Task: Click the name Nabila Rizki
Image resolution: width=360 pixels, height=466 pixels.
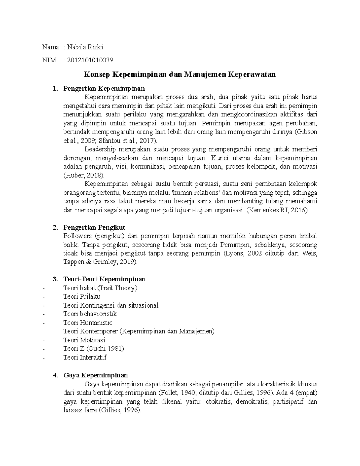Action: click(x=85, y=47)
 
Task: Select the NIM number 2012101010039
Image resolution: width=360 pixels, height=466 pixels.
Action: click(x=90, y=60)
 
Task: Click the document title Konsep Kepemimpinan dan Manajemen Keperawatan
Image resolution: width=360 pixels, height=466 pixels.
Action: click(x=179, y=74)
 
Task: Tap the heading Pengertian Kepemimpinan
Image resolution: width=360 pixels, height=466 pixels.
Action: click(x=104, y=89)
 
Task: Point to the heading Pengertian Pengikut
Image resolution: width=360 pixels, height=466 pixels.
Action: click(x=94, y=227)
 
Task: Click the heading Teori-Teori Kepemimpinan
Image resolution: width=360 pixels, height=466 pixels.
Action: click(x=104, y=279)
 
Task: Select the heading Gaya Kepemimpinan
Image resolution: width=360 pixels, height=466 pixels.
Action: click(x=96, y=375)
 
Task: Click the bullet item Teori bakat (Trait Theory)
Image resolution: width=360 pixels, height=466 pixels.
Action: click(x=100, y=288)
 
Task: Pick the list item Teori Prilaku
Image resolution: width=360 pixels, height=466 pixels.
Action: click(x=82, y=296)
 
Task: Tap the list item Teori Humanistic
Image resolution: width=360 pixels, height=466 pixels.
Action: click(x=88, y=323)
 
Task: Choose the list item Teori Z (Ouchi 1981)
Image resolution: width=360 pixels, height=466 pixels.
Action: click(x=94, y=349)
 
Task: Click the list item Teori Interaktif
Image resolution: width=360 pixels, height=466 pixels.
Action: click(x=85, y=357)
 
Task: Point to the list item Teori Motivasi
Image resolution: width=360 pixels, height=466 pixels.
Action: click(x=84, y=340)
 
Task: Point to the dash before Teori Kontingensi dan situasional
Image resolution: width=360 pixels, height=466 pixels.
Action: click(x=44, y=306)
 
